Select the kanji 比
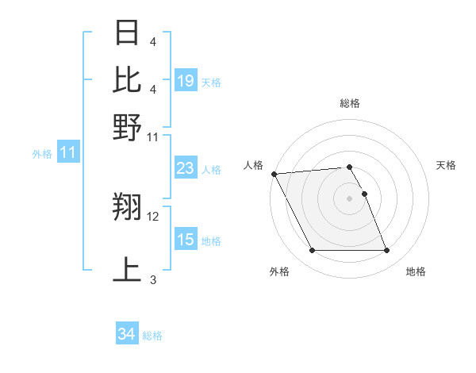126,79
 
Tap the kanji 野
126,125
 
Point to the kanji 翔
126,208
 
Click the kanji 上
126,270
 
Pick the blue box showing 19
186,80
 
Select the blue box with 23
186,168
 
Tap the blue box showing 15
186,240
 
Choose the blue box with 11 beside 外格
67,153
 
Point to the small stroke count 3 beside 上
153,279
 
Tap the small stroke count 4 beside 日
153,41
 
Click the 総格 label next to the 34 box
152,336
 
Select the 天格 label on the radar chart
446,165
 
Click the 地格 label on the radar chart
416,271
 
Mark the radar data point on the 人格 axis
274,174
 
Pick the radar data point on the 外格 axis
312,251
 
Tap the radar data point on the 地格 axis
386,251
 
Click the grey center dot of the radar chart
349,198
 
